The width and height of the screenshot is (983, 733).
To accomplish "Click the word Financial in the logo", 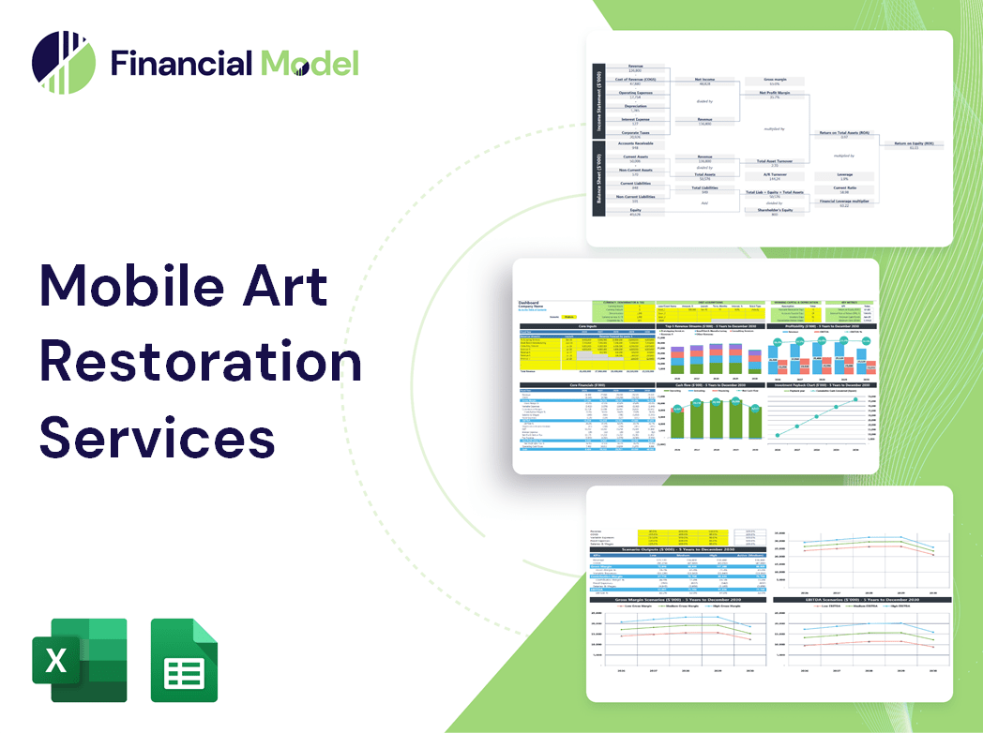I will pyautogui.click(x=181, y=63).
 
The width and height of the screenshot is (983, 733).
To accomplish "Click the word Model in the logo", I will pyautogui.click(x=310, y=63).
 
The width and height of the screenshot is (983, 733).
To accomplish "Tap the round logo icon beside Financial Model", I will pyautogui.click(x=64, y=63).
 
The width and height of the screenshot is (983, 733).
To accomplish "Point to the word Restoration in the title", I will pyautogui.click(x=201, y=362).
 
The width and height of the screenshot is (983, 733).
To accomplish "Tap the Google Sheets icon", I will pyautogui.click(x=185, y=660).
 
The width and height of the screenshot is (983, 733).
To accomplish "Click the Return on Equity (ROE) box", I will pyautogui.click(x=915, y=145).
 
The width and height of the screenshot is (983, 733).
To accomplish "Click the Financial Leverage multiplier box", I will pyautogui.click(x=844, y=202).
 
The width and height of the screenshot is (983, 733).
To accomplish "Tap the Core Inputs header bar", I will pyautogui.click(x=588, y=326).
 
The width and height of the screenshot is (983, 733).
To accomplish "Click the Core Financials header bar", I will pyautogui.click(x=588, y=385).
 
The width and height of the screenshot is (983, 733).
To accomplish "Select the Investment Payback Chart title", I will pyautogui.click(x=823, y=385).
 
